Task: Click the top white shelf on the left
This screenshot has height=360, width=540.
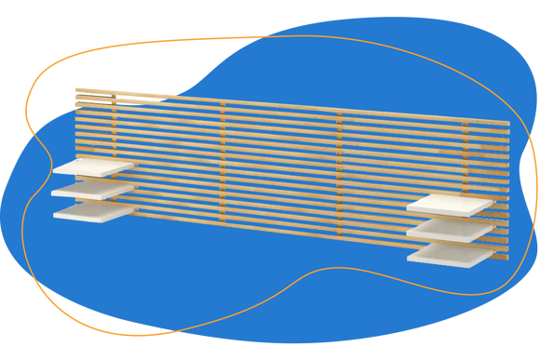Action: [x=93, y=167]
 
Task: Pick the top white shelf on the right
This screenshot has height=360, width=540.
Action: [x=450, y=204]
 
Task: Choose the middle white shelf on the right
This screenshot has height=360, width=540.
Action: [x=448, y=228]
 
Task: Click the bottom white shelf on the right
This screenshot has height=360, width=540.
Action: [x=449, y=253]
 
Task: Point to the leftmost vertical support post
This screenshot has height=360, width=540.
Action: [x=114, y=140]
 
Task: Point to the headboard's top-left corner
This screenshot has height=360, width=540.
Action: [x=75, y=87]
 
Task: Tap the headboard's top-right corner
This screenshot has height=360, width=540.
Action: [x=510, y=125]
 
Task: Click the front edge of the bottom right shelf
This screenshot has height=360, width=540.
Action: [x=441, y=264]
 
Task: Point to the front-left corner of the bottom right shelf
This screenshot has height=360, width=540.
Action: [x=407, y=258]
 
